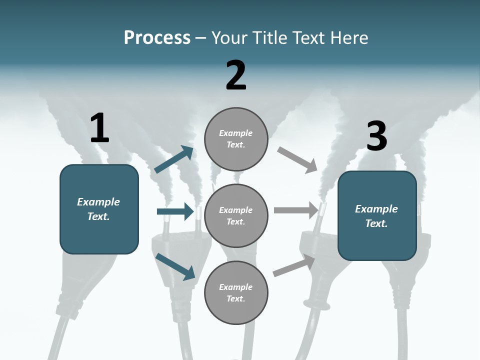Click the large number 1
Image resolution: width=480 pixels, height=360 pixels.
coord(99,128)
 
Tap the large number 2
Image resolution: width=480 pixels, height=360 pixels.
coord(236,75)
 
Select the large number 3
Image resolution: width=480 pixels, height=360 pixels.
coord(376,136)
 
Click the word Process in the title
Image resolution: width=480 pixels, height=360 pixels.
coord(157,37)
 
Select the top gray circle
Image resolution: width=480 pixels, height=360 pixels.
coord(236,139)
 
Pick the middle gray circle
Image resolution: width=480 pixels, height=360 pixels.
coord(236,215)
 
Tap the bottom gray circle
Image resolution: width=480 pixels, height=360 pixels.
coord(236,292)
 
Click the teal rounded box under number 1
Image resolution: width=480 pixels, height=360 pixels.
coord(99,209)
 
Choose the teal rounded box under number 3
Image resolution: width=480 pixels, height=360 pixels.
coord(377,215)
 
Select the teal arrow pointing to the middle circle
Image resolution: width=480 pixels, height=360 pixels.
coord(175,211)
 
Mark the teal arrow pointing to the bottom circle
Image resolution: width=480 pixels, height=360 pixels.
coord(175,266)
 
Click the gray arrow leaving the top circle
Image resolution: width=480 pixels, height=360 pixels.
coord(297,160)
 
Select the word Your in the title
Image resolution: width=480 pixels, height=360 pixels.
coord(227,37)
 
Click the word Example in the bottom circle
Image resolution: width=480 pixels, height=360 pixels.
coord(235,287)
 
